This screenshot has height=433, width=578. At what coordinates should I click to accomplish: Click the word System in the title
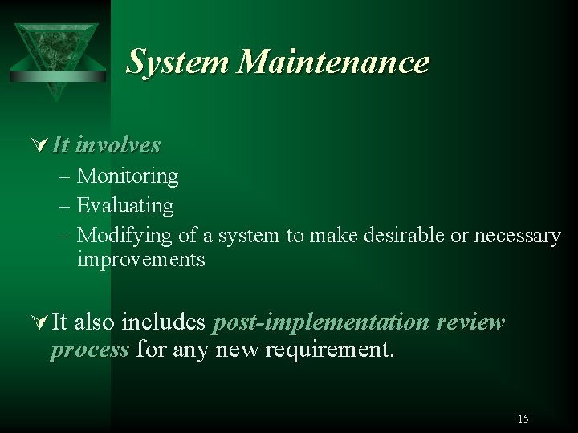click(178, 63)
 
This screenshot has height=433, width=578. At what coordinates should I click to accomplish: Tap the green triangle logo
click(55, 52)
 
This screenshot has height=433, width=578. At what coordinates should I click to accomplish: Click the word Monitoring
click(128, 176)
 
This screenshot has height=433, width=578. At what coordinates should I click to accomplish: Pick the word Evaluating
click(125, 206)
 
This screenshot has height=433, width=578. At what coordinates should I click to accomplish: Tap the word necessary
click(518, 236)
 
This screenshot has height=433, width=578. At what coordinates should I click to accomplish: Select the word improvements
click(141, 261)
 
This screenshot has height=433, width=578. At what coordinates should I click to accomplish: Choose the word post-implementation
click(321, 322)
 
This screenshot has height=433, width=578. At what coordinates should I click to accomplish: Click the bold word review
click(470, 322)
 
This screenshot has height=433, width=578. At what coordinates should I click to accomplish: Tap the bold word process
click(89, 350)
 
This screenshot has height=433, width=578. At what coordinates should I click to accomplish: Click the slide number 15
click(523, 419)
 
